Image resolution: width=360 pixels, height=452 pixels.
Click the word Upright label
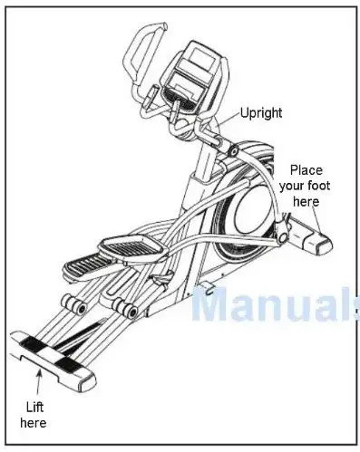point(260,113)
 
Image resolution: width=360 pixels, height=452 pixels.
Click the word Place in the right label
point(306,170)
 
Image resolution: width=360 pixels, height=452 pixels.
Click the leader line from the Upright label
point(228,119)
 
